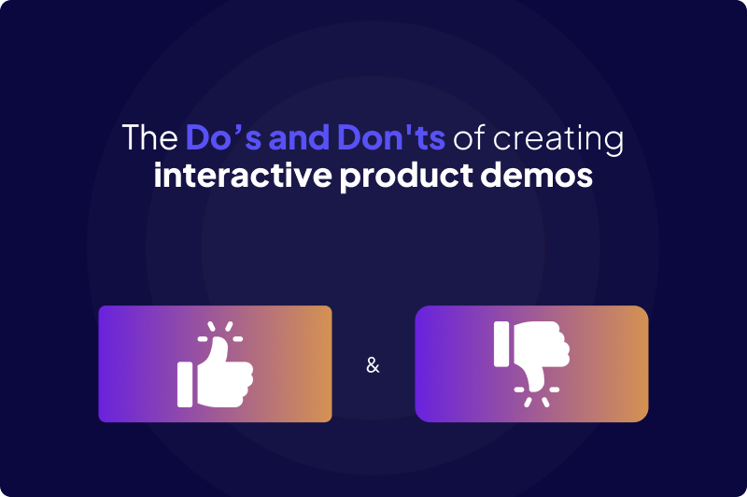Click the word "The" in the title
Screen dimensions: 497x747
149,138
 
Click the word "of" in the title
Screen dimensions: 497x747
471,138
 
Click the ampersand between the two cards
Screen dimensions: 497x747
373,365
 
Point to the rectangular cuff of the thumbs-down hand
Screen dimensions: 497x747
501,343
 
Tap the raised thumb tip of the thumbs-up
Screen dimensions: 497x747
221,345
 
